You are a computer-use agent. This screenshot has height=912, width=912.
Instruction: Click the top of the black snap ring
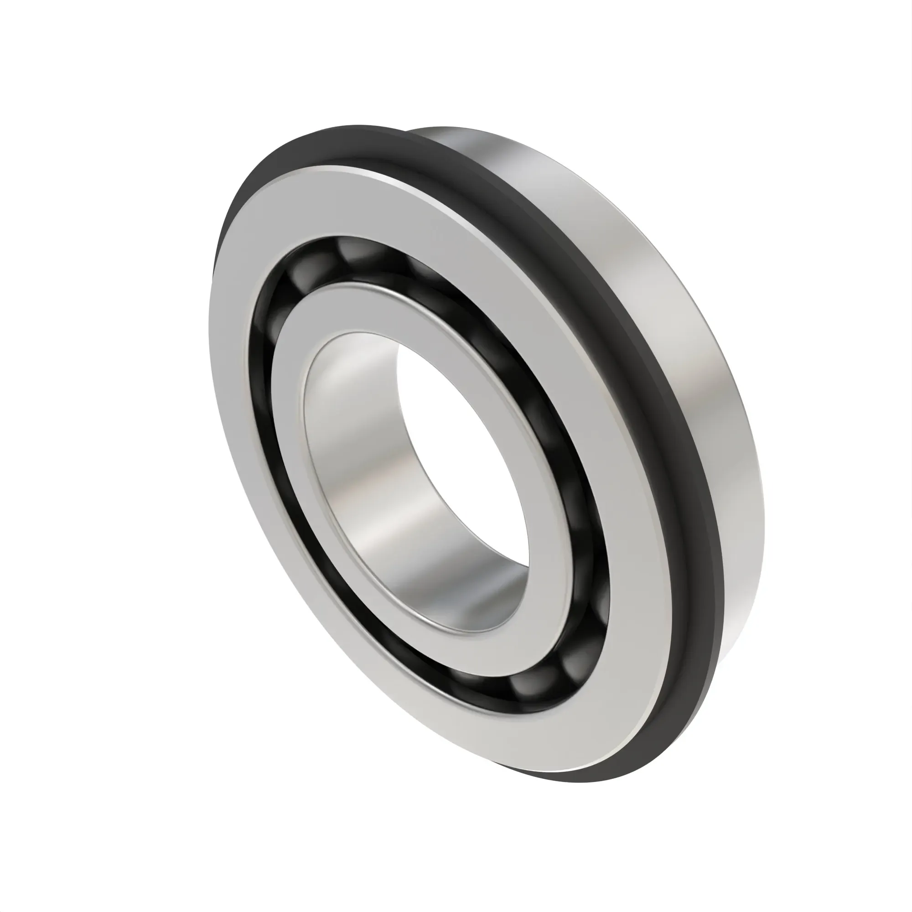tap(331, 142)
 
